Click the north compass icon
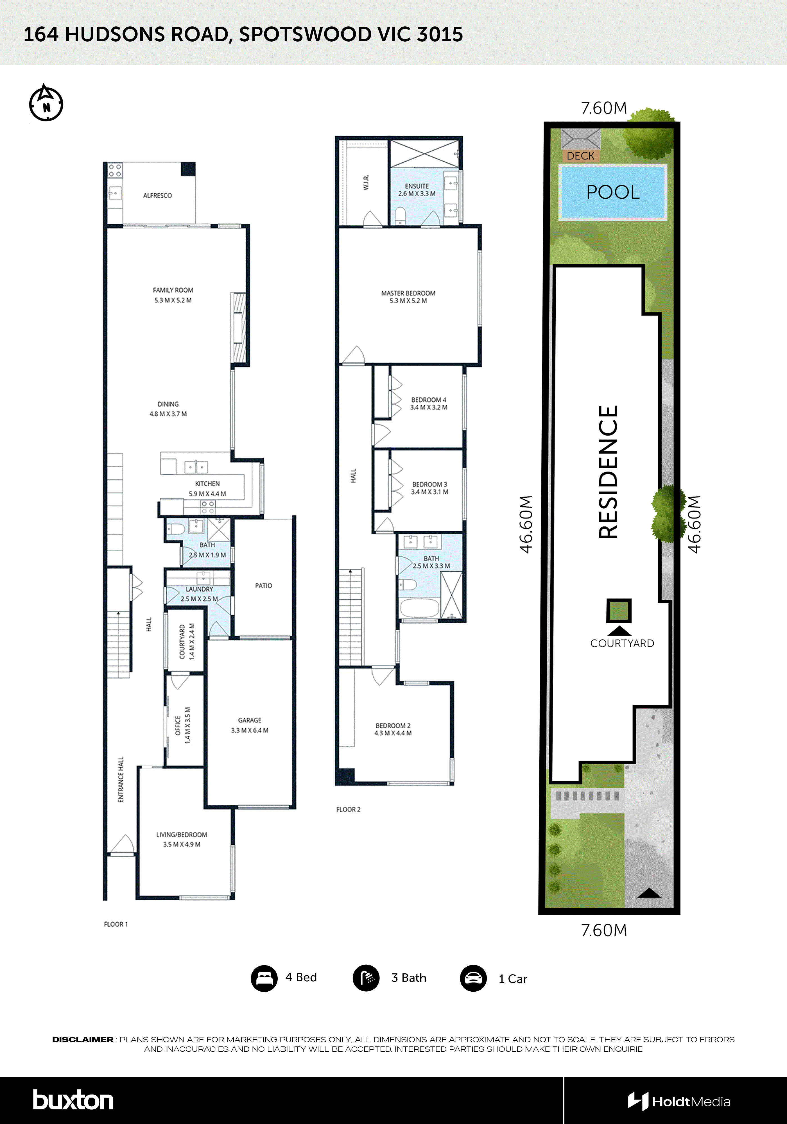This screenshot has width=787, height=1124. click(x=46, y=103)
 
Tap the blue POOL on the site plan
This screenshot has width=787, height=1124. click(x=613, y=192)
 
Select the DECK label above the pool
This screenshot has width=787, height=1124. click(x=580, y=156)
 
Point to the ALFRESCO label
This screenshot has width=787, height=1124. click(x=157, y=195)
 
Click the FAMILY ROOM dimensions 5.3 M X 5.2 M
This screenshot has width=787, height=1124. click(x=173, y=300)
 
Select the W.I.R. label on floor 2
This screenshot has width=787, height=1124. click(x=366, y=182)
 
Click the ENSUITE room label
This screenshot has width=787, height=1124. click(x=417, y=186)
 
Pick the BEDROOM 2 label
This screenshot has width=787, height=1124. click(x=393, y=726)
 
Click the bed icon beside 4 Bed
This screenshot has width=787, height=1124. click(x=264, y=978)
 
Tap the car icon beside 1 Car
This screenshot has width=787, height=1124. click(x=473, y=978)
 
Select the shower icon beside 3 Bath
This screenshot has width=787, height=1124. click(x=366, y=978)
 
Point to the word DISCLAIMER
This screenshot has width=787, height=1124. click(x=83, y=1039)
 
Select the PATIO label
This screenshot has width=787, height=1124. click(x=263, y=586)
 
